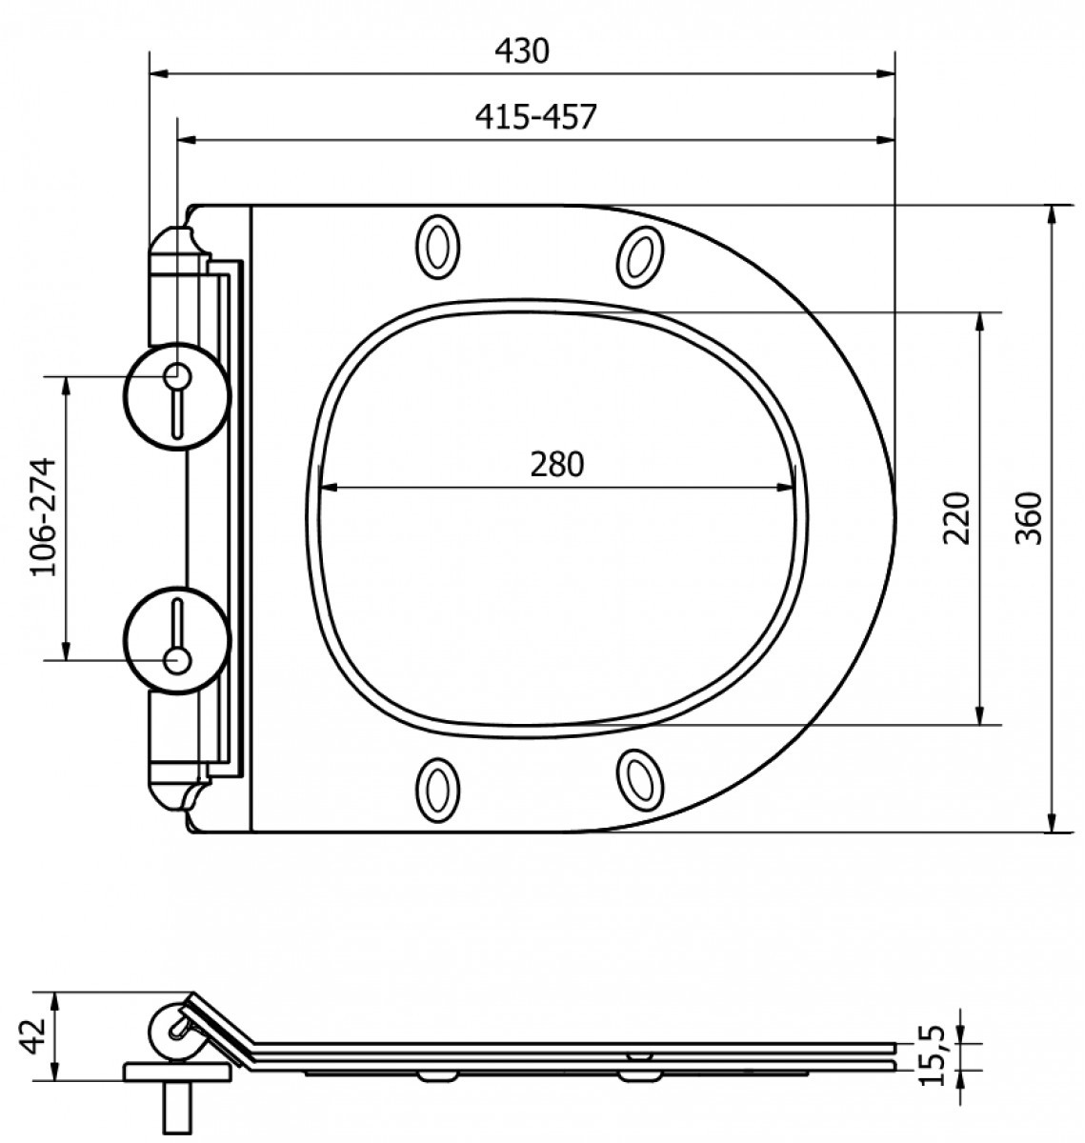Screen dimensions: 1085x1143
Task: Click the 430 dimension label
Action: [x=522, y=50]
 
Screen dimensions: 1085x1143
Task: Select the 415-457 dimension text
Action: [x=535, y=117]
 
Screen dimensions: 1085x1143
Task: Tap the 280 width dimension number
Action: [x=556, y=464]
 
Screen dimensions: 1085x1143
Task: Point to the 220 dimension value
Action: [x=956, y=518]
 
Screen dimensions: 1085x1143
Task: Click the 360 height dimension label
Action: [x=1028, y=518]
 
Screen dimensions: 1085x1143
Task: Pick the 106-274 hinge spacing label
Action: [x=44, y=517]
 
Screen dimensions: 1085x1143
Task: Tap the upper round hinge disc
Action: [x=177, y=396]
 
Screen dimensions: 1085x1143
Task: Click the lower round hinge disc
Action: [x=177, y=641]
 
